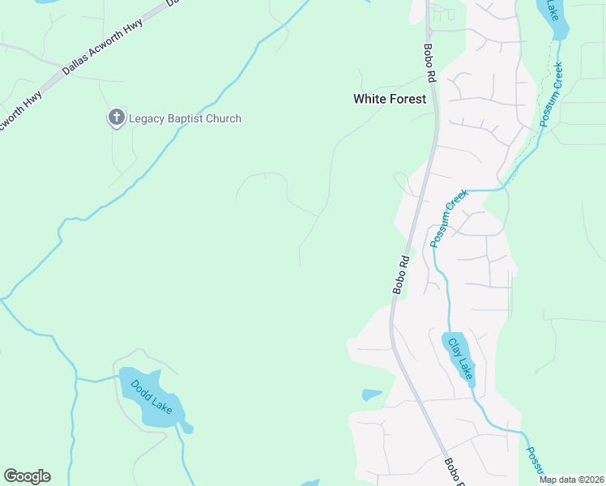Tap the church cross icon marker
116,118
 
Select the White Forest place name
389,99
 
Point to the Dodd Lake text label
151,396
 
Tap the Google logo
27,476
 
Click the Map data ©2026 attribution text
570,480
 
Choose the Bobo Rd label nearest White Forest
429,62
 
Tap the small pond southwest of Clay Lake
371,395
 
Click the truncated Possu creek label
536,463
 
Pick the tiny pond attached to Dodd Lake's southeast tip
187,427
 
